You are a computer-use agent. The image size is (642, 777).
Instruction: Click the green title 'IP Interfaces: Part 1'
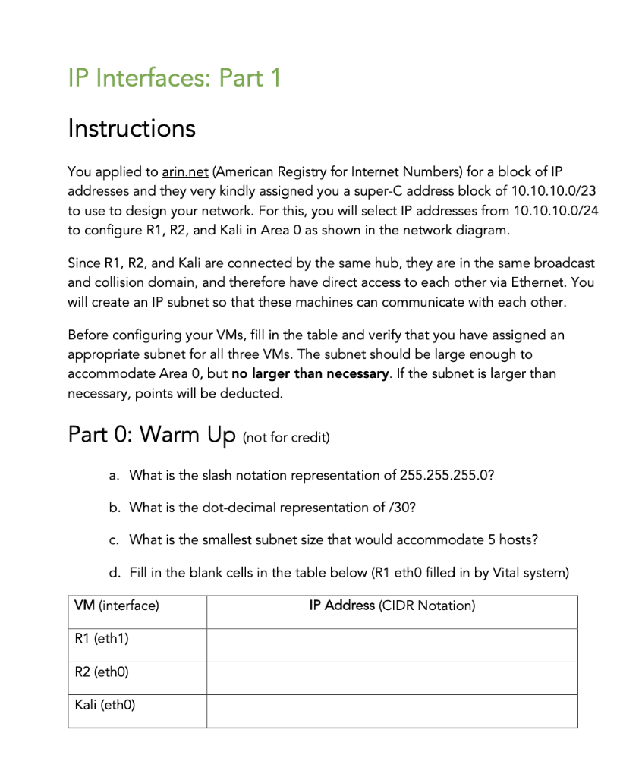tap(174, 77)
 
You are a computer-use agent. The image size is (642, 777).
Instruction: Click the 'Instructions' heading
tap(131, 127)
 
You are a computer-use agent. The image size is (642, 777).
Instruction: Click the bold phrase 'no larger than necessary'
tap(310, 374)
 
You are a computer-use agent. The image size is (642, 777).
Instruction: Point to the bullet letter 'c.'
tap(114, 540)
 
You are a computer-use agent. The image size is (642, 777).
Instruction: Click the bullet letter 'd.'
tap(114, 573)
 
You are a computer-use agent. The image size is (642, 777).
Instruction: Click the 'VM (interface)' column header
tap(117, 606)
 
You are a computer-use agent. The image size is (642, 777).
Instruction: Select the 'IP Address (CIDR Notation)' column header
tap(392, 606)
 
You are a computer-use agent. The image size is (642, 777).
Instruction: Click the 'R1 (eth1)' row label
tap(102, 639)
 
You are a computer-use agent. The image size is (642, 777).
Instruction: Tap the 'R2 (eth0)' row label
tap(102, 672)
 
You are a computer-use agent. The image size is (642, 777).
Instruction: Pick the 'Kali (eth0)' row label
tap(105, 705)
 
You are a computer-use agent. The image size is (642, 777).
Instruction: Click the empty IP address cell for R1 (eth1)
tap(392, 645)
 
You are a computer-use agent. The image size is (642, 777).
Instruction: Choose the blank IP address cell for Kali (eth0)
tap(392, 711)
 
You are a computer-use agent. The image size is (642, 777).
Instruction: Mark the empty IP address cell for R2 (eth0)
tap(392, 678)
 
